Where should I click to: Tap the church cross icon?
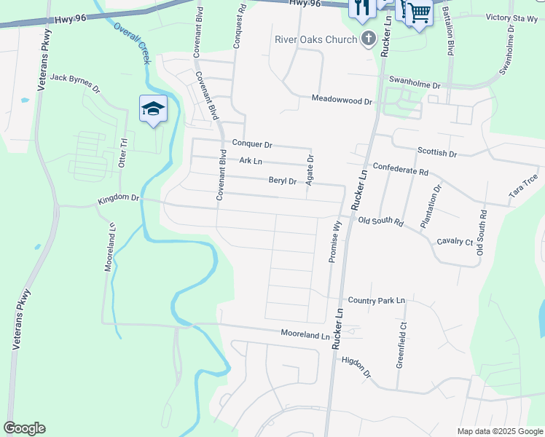369,39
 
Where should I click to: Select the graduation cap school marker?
153,109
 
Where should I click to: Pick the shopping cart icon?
419,12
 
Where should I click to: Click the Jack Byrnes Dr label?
75,82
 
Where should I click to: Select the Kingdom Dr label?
118,198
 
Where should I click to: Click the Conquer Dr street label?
251,144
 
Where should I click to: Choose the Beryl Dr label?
282,181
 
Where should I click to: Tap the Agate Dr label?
310,169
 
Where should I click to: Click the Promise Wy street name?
334,242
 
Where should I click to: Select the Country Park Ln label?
376,300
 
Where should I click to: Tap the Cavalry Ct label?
455,241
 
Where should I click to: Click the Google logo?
24,428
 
